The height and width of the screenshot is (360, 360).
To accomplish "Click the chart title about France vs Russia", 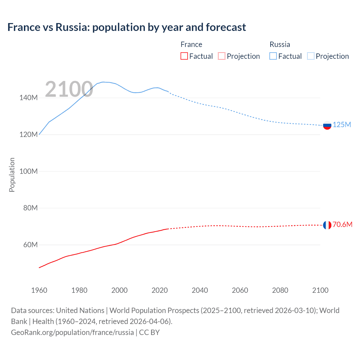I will click(127, 27).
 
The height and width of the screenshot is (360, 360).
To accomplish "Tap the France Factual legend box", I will click(184, 56).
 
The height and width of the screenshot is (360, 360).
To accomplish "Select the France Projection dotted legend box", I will click(222, 56).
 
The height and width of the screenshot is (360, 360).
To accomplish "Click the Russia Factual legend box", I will click(273, 56).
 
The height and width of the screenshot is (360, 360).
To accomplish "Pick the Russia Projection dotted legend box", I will click(311, 56).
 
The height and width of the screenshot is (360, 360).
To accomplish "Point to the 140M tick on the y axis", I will click(28, 98).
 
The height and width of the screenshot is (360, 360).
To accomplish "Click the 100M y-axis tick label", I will click(28, 171).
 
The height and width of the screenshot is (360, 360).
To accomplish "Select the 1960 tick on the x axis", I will click(39, 290).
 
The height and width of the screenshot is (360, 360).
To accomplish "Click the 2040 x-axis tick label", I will click(200, 290).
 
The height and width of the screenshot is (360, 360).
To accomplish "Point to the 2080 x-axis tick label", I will click(280, 290).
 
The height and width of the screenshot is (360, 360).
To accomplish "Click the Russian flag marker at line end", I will click(327, 125).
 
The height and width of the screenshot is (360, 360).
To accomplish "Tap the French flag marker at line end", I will click(327, 225).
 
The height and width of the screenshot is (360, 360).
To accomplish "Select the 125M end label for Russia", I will click(342, 125).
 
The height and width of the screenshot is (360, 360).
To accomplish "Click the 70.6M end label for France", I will click(342, 224).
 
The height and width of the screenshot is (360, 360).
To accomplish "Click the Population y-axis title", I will click(12, 175).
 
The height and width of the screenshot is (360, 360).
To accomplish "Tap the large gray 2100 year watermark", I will click(69, 89).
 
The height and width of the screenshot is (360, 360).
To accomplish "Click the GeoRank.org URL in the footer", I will click(72, 332).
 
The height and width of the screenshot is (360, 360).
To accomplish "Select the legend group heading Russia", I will click(280, 44).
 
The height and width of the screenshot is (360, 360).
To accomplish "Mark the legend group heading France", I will click(191, 44).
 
